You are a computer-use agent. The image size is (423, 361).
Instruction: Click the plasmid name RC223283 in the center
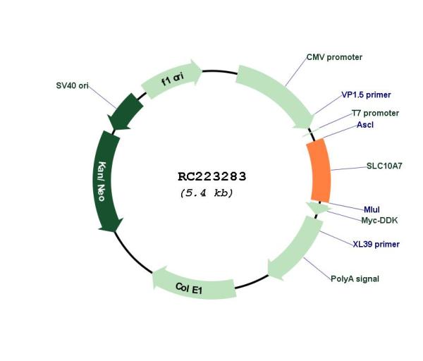[x=212, y=177]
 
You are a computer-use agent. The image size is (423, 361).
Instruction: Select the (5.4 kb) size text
[x=207, y=193]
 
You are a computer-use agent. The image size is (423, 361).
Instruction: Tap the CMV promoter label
[x=334, y=57]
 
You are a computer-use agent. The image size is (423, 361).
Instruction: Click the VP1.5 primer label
[x=366, y=95]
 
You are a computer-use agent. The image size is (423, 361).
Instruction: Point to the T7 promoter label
[x=375, y=113]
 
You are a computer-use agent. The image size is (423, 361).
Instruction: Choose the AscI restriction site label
[x=365, y=125]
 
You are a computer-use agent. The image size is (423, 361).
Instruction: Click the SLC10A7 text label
[x=384, y=166]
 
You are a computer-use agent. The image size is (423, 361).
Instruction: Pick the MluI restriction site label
[x=372, y=209]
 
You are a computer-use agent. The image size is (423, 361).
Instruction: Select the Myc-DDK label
[x=379, y=221]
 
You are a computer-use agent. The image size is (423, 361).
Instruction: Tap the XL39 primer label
[x=376, y=244]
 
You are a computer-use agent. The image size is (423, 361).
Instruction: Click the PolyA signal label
[x=355, y=279]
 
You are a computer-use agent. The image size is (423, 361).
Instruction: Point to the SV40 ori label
[x=73, y=85]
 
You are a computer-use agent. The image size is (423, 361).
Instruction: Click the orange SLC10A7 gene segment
[x=320, y=171]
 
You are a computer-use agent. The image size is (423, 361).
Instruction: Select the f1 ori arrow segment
[x=173, y=78]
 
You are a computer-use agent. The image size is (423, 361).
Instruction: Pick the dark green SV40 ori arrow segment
[x=125, y=112]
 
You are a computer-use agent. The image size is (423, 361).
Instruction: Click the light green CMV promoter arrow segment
[x=278, y=94]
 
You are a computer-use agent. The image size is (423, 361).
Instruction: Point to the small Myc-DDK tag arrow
[x=319, y=208]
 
